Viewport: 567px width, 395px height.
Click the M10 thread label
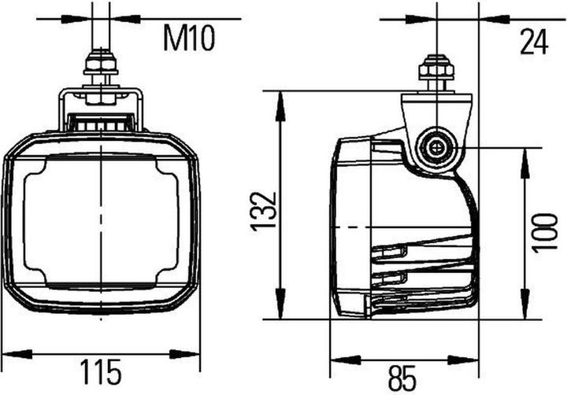[189, 38]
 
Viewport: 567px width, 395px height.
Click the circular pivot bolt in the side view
[435, 146]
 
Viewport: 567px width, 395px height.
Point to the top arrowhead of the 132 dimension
[280, 99]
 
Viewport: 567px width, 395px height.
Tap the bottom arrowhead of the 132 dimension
[280, 312]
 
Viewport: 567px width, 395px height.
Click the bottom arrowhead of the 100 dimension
[523, 312]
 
